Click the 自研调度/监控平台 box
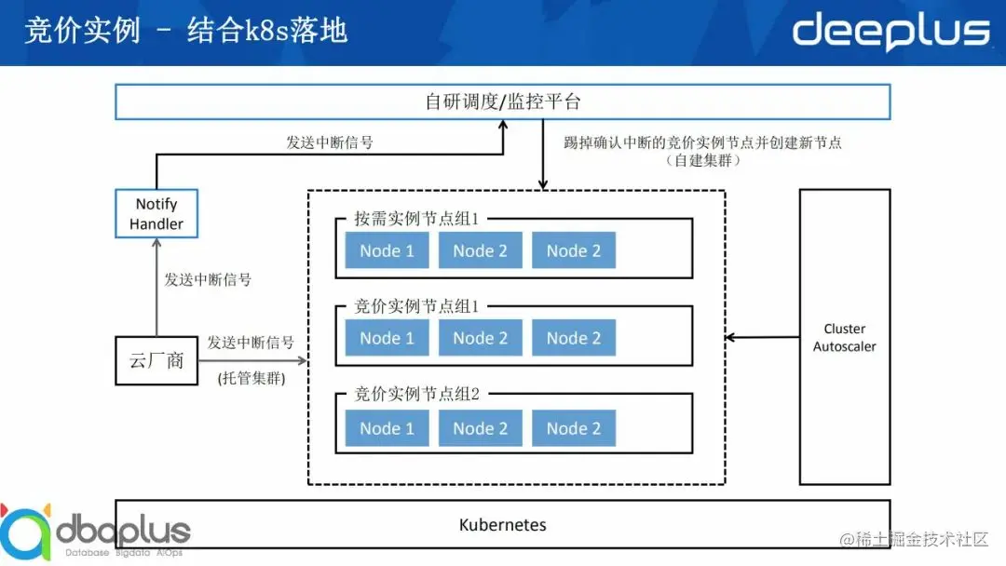pyautogui.click(x=502, y=101)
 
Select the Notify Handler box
pyautogui.click(x=156, y=214)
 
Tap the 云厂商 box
pyautogui.click(x=156, y=360)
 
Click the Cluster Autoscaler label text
pyautogui.click(x=844, y=338)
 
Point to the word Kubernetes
pyautogui.click(x=502, y=525)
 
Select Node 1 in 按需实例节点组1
pyautogui.click(x=387, y=250)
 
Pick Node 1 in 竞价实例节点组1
pyautogui.click(x=387, y=338)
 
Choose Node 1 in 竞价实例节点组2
pyautogui.click(x=387, y=428)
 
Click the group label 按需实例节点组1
pyautogui.click(x=415, y=220)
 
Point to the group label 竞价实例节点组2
pyautogui.click(x=415, y=394)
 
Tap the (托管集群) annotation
pyautogui.click(x=251, y=379)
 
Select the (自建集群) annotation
pyautogui.click(x=703, y=161)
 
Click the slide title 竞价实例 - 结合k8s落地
pyautogui.click(x=185, y=31)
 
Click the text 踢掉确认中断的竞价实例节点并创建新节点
pyautogui.click(x=703, y=142)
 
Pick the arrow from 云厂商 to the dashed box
pyautogui.click(x=251, y=360)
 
